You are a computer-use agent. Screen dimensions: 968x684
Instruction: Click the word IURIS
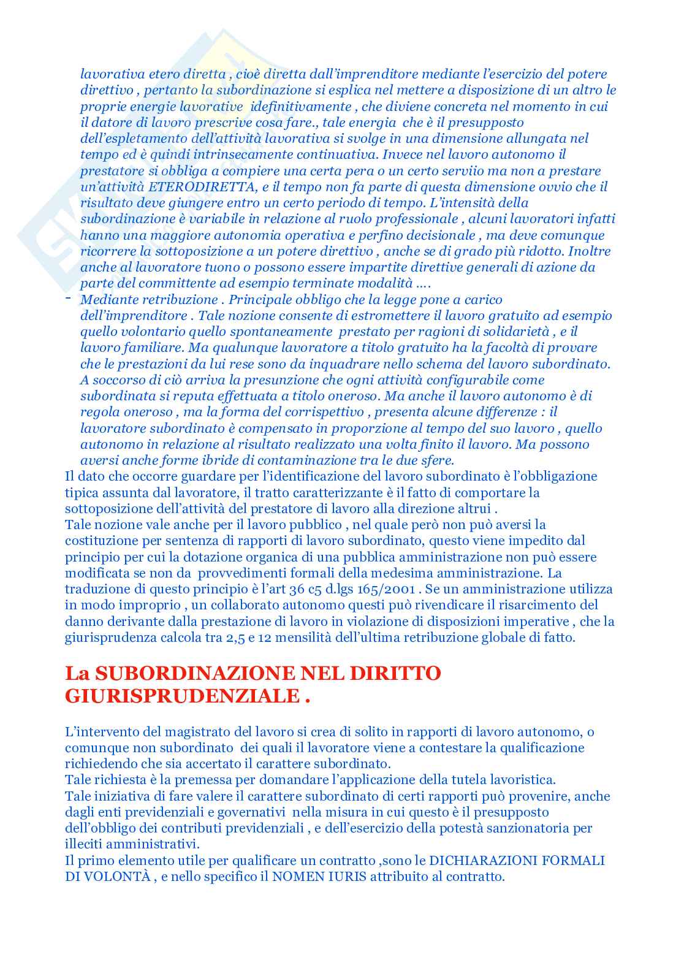pos(349,877)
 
